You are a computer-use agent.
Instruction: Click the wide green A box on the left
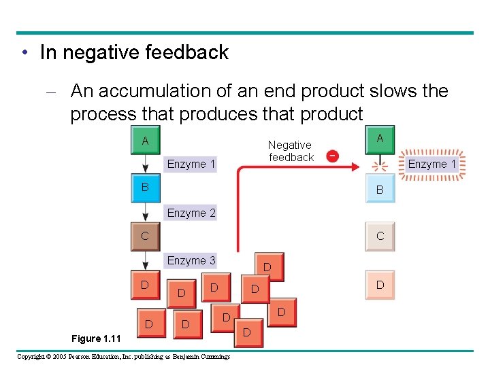pyautogui.click(x=145, y=140)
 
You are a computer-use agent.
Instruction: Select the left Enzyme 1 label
pyautogui.click(x=191, y=164)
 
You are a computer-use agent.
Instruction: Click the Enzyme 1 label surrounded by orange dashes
pyautogui.click(x=432, y=164)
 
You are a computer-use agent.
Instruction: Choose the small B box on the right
pyautogui.click(x=380, y=190)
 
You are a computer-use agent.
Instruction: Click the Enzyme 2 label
pyautogui.click(x=191, y=213)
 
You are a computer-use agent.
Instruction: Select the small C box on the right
pyautogui.click(x=380, y=236)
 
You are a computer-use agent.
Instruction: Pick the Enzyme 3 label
pyautogui.click(x=191, y=260)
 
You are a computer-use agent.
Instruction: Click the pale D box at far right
pyautogui.click(x=380, y=285)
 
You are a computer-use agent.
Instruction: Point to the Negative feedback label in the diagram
pyautogui.click(x=291, y=151)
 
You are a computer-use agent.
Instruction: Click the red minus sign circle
pyautogui.click(x=331, y=156)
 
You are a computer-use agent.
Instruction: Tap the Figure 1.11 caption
pyautogui.click(x=96, y=338)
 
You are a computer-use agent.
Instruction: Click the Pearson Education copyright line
pyautogui.click(x=123, y=357)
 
